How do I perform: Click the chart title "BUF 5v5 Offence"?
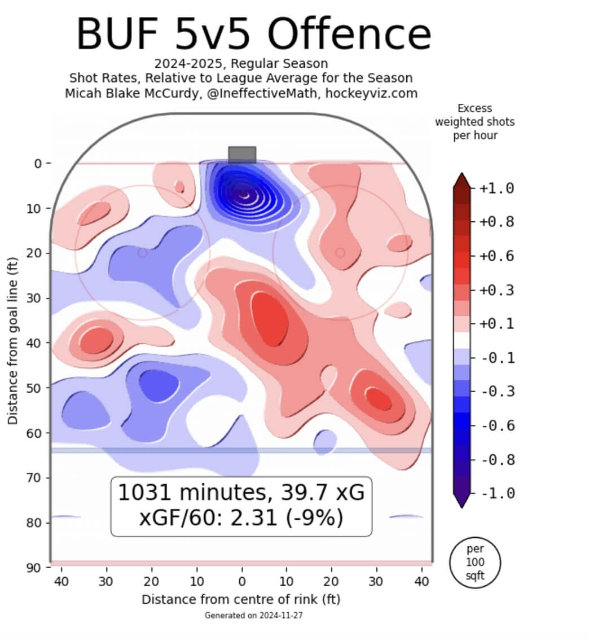(x=253, y=34)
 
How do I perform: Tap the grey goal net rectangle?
(x=242, y=155)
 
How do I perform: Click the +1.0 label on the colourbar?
(x=496, y=188)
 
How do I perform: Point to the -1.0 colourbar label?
(x=497, y=494)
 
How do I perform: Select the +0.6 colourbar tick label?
(x=496, y=256)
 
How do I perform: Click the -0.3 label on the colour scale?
(x=497, y=392)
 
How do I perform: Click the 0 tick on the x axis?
(x=241, y=582)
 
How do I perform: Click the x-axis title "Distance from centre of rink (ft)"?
(x=241, y=599)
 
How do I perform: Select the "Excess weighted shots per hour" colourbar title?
(x=474, y=121)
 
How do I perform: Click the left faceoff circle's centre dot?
(x=142, y=253)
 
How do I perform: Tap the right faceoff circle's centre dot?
(x=340, y=253)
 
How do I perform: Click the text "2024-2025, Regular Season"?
(x=241, y=63)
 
